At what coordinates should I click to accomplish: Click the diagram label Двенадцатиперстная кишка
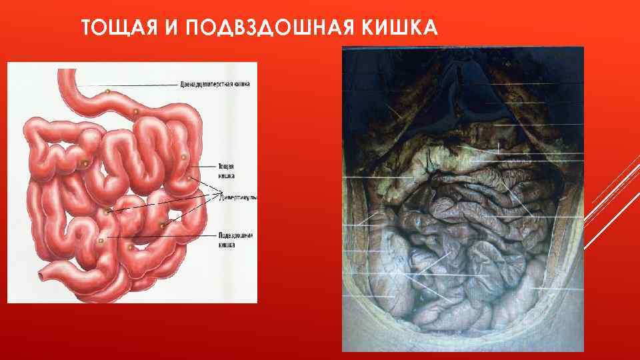click(215, 85)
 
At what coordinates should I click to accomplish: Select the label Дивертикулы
click(238, 198)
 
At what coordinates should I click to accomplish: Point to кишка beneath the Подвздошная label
click(227, 245)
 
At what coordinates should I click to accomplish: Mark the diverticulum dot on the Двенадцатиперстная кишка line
click(107, 91)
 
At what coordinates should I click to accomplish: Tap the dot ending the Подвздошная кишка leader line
click(100, 239)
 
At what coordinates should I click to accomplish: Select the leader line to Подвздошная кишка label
click(160, 237)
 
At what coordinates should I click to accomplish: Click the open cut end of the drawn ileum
click(43, 273)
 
